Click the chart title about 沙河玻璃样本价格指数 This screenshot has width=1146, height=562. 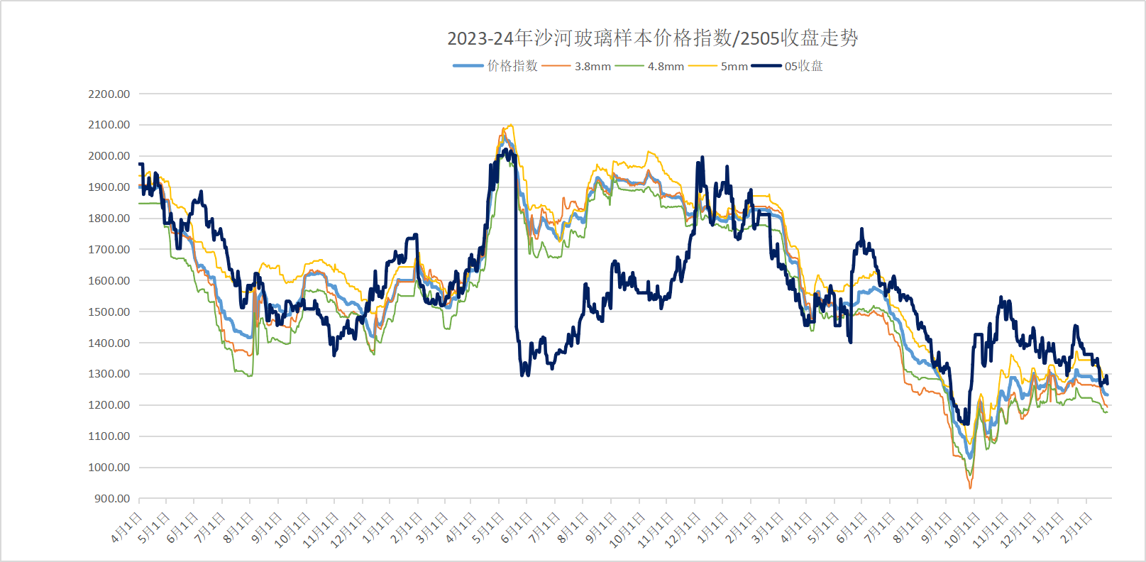click(x=652, y=38)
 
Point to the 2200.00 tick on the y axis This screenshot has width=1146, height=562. click(x=109, y=94)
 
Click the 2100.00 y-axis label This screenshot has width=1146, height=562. click(x=109, y=125)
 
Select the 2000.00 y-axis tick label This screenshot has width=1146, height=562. click(x=109, y=156)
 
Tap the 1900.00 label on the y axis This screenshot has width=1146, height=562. click(x=109, y=187)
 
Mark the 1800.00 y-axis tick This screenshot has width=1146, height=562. click(x=109, y=219)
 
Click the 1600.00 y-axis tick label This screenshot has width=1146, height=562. click(x=109, y=280)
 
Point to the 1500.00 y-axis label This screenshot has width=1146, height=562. click(x=109, y=312)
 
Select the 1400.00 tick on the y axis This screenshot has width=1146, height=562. click(x=109, y=343)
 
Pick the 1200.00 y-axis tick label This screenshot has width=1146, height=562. click(x=109, y=405)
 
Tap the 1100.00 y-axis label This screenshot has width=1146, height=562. click(x=109, y=436)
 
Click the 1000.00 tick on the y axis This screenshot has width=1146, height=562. click(x=109, y=468)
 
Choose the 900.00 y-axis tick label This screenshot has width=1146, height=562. click(x=112, y=499)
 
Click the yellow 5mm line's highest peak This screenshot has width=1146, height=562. click(x=509, y=126)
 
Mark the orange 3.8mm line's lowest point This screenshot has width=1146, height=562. click(x=970, y=488)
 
